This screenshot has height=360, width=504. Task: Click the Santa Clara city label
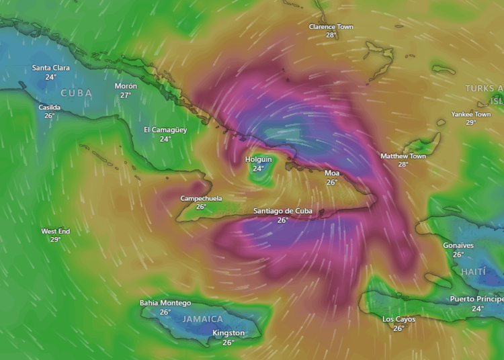(x=51, y=68)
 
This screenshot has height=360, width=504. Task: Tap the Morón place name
(x=126, y=86)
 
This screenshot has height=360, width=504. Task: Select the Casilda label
(x=50, y=107)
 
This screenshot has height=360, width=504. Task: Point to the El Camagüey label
(x=165, y=130)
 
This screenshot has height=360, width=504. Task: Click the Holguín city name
(x=258, y=159)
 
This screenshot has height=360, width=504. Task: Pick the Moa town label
(x=332, y=173)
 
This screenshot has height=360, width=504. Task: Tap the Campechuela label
(x=201, y=198)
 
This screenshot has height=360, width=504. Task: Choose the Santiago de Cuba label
(x=283, y=211)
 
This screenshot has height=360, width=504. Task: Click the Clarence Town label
(x=331, y=27)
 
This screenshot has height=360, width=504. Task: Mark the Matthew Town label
(x=403, y=156)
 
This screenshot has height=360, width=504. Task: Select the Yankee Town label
(x=471, y=114)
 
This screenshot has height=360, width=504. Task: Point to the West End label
(x=55, y=231)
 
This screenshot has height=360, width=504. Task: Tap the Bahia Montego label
(x=165, y=303)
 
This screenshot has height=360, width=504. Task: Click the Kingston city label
(x=228, y=333)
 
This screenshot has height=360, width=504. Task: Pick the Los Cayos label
(x=398, y=319)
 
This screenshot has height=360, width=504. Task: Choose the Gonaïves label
(x=458, y=246)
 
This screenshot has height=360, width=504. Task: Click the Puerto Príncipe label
(x=476, y=299)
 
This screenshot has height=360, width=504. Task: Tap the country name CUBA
(x=77, y=93)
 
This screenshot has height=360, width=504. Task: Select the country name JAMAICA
(x=202, y=319)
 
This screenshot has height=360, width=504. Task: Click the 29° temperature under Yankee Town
(x=471, y=122)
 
